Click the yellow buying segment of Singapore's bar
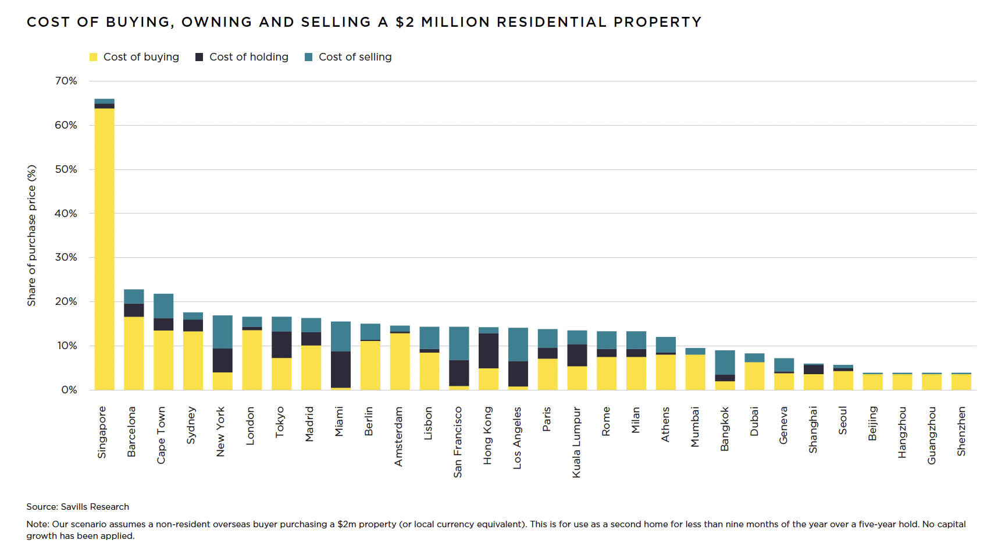(105, 249)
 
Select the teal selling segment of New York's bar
(223, 332)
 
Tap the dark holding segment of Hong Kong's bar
(489, 351)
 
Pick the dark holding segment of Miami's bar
(341, 370)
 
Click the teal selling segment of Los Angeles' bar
(518, 344)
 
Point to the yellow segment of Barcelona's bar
(134, 353)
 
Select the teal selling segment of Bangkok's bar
(725, 363)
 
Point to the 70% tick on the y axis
(66, 81)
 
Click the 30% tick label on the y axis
(66, 257)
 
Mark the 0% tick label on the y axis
(69, 390)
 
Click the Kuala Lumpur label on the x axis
(576, 442)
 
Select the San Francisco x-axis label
(458, 442)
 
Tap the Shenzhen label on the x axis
(961, 431)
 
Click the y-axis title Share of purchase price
(31, 236)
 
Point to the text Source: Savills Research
(77, 507)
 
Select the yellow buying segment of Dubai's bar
(754, 376)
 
